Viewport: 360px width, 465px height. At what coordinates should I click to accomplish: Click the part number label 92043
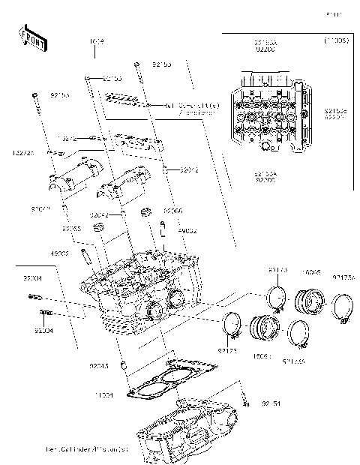point(99,365)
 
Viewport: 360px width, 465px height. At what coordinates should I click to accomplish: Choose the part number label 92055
point(72,228)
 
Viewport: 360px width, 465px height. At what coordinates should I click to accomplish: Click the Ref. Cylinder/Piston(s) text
point(87,449)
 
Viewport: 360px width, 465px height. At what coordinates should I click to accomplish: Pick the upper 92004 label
point(33,277)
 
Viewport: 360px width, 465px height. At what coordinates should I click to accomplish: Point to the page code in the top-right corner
point(333,14)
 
